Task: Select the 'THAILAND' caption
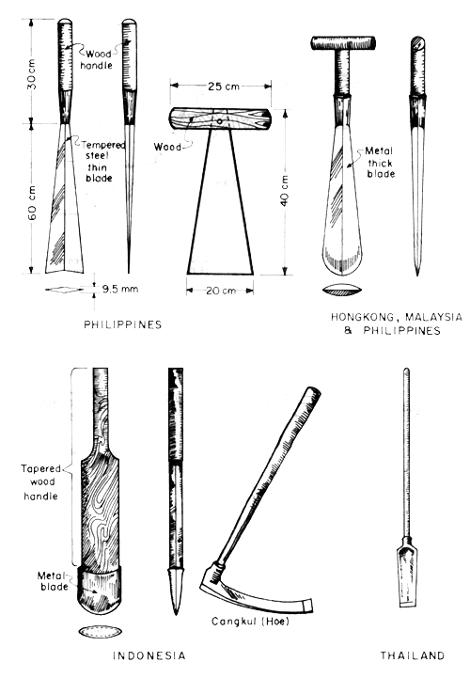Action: [405, 654]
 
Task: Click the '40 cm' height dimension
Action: [283, 192]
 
